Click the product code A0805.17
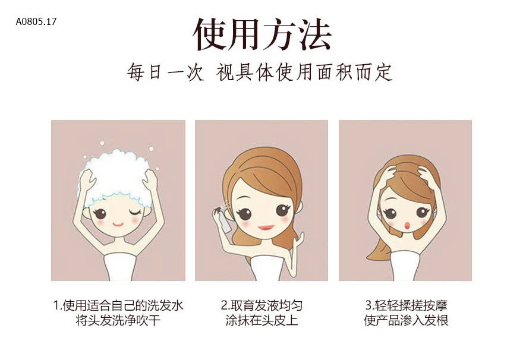click(x=36, y=22)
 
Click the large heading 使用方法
click(x=263, y=34)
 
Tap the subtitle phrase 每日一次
click(x=165, y=72)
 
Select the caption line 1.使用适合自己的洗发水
click(x=118, y=305)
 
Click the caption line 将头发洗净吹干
click(x=118, y=320)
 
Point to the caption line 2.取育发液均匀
click(x=262, y=305)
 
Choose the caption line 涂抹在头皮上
click(x=262, y=320)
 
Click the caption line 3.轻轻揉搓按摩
click(x=407, y=305)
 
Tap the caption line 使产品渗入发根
click(x=407, y=320)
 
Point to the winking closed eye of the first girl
click(x=135, y=212)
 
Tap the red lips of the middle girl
click(x=266, y=228)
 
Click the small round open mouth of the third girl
click(x=407, y=225)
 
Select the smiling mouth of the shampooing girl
click(x=118, y=224)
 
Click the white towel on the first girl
click(x=119, y=267)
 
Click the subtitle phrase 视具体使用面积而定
click(x=304, y=72)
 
